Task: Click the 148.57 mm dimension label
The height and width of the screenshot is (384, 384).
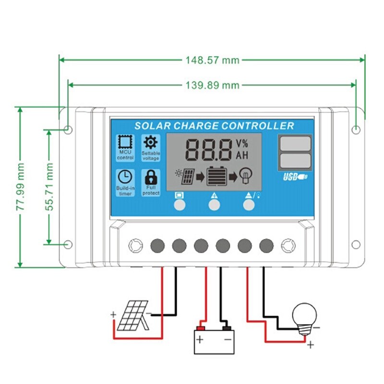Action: (x=212, y=60)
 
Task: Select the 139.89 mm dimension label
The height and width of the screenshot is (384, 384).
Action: (x=212, y=85)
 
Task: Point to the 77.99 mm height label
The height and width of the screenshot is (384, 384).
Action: (x=20, y=187)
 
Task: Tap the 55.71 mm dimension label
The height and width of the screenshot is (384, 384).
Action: (x=49, y=186)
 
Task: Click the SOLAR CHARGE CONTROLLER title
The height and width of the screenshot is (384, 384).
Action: (x=214, y=126)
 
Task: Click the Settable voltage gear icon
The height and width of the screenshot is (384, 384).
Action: (x=151, y=142)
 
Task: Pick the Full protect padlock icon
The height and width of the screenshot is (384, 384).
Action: (x=151, y=176)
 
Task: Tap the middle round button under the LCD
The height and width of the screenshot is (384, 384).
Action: (x=214, y=205)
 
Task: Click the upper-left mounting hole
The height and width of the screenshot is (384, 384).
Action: (x=68, y=129)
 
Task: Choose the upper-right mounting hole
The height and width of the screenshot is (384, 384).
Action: (x=356, y=130)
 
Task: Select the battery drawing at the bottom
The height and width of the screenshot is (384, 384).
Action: (x=214, y=340)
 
